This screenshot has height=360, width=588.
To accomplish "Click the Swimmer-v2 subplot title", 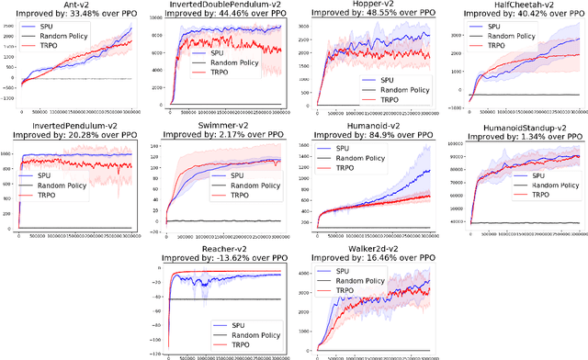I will [220, 125].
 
